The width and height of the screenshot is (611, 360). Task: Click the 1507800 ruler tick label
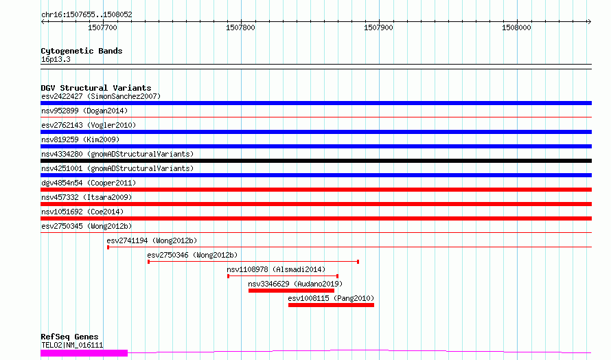pyautogui.click(x=240, y=27)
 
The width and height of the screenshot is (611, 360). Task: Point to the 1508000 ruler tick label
pyautogui.click(x=516, y=27)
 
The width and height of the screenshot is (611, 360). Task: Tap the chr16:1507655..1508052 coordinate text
pyautogui.click(x=87, y=14)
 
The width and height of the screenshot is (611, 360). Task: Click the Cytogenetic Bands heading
pyautogui.click(x=82, y=51)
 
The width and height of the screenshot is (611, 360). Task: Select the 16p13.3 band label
pyautogui.click(x=56, y=59)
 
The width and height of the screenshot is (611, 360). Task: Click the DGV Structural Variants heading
pyautogui.click(x=96, y=88)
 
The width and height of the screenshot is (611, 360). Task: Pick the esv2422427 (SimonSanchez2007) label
pyautogui.click(x=101, y=96)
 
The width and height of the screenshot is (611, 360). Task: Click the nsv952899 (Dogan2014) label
pyautogui.click(x=84, y=111)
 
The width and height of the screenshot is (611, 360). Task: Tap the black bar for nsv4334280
pyautogui.click(x=316, y=161)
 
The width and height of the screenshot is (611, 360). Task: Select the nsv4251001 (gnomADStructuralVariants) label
pyautogui.click(x=117, y=168)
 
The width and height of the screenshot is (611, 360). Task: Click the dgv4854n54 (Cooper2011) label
pyautogui.click(x=89, y=183)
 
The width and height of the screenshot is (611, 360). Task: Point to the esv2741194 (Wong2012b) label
pyautogui.click(x=152, y=240)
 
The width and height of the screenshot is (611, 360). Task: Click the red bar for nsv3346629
pyautogui.click(x=292, y=291)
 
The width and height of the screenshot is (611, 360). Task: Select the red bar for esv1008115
pyautogui.click(x=331, y=305)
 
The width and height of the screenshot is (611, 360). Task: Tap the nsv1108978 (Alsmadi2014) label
pyautogui.click(x=276, y=269)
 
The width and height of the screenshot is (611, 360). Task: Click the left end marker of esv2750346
pyautogui.click(x=148, y=262)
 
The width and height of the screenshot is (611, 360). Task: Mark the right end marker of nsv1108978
pyautogui.click(x=337, y=276)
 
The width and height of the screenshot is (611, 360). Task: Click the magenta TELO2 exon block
pyautogui.click(x=84, y=353)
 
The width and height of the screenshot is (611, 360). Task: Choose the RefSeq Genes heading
pyautogui.click(x=69, y=337)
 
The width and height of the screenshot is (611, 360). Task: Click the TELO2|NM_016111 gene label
pyautogui.click(x=72, y=345)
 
